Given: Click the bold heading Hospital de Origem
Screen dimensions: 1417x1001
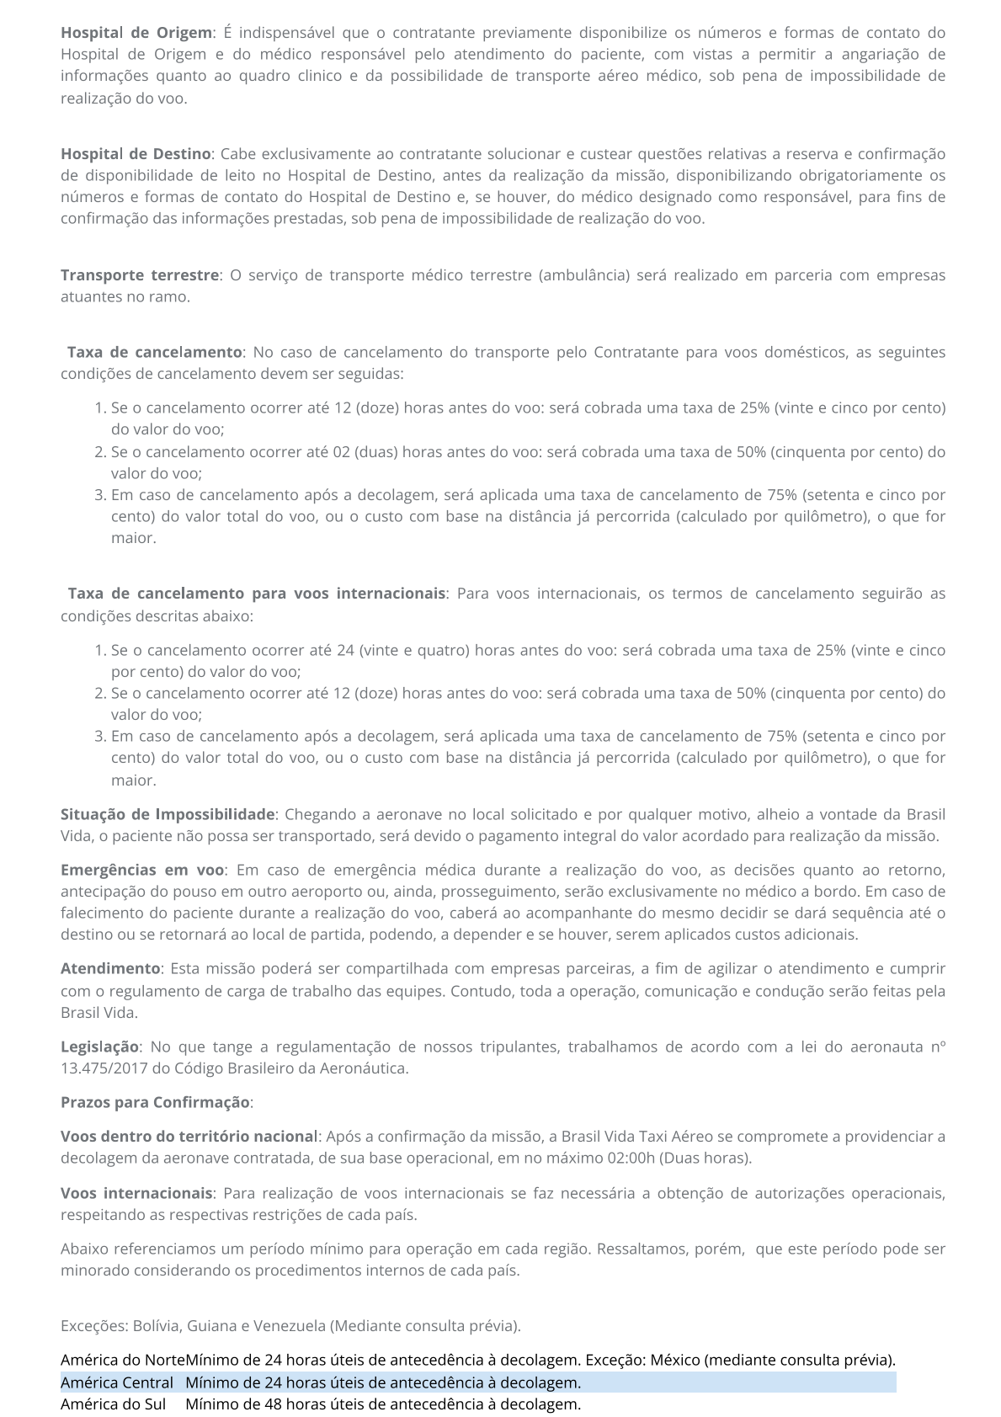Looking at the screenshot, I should coord(136,33).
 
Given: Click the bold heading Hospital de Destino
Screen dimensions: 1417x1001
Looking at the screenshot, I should coord(135,154).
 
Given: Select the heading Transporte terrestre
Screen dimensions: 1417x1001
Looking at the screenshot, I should coord(139,275).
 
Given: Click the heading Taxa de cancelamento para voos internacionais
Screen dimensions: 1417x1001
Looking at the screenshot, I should coord(256,594).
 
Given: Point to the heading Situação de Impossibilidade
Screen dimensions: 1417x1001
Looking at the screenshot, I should coord(168,814).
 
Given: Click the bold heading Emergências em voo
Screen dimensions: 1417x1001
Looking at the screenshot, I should coord(142,870).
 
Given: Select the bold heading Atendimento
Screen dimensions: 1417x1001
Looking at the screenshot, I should coord(109,969).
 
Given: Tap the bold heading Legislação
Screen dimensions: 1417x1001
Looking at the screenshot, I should coord(99,1047).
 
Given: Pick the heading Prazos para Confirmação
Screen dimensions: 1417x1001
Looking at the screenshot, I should coord(155,1102).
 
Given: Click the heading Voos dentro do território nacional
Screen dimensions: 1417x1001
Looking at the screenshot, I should coord(189,1137).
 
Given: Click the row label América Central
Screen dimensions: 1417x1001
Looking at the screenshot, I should coord(116,1382).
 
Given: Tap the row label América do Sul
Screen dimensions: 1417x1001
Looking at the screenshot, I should coord(113,1404).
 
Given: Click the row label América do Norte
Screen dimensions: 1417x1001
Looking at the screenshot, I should coord(123,1360).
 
